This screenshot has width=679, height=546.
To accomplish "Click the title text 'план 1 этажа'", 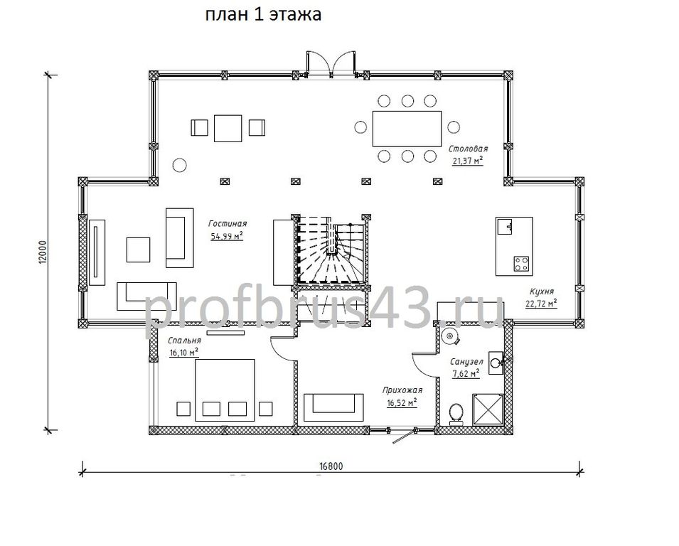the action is (263, 15).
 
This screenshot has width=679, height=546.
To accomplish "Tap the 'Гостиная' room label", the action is (228, 223).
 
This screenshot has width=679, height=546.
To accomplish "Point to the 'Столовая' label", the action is (468, 149).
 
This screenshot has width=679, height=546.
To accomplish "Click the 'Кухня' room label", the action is (541, 291).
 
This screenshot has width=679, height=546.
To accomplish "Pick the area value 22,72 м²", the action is (541, 303).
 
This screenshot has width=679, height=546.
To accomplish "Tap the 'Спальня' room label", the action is (184, 341).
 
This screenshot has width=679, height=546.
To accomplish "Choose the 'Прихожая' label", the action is (402, 390).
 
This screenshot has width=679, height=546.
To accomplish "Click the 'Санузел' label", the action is (466, 362).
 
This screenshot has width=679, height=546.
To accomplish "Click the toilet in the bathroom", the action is (456, 414).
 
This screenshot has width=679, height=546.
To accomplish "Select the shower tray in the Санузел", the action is (488, 410).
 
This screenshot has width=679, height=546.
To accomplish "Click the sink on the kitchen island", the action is (506, 227).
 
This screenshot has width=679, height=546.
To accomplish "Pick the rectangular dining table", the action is (407, 129).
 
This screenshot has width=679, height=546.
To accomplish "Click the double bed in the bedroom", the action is (225, 390).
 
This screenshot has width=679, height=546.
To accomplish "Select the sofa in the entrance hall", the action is (333, 407).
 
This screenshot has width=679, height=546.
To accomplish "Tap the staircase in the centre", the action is (332, 250).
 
